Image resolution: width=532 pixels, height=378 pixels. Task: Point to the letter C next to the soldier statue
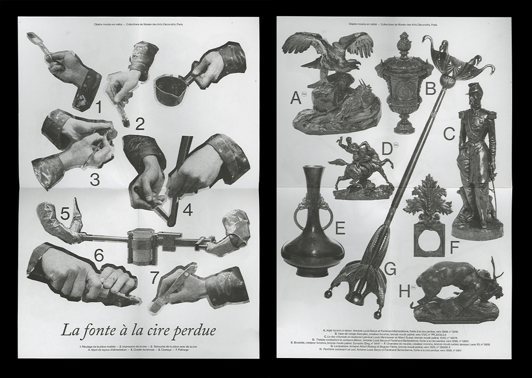449,134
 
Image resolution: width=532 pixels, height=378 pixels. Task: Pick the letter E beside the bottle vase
340,228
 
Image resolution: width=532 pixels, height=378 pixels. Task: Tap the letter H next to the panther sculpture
404,292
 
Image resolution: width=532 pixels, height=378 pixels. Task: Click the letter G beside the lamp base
390,270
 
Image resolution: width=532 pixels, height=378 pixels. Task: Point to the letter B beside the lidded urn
430,88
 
